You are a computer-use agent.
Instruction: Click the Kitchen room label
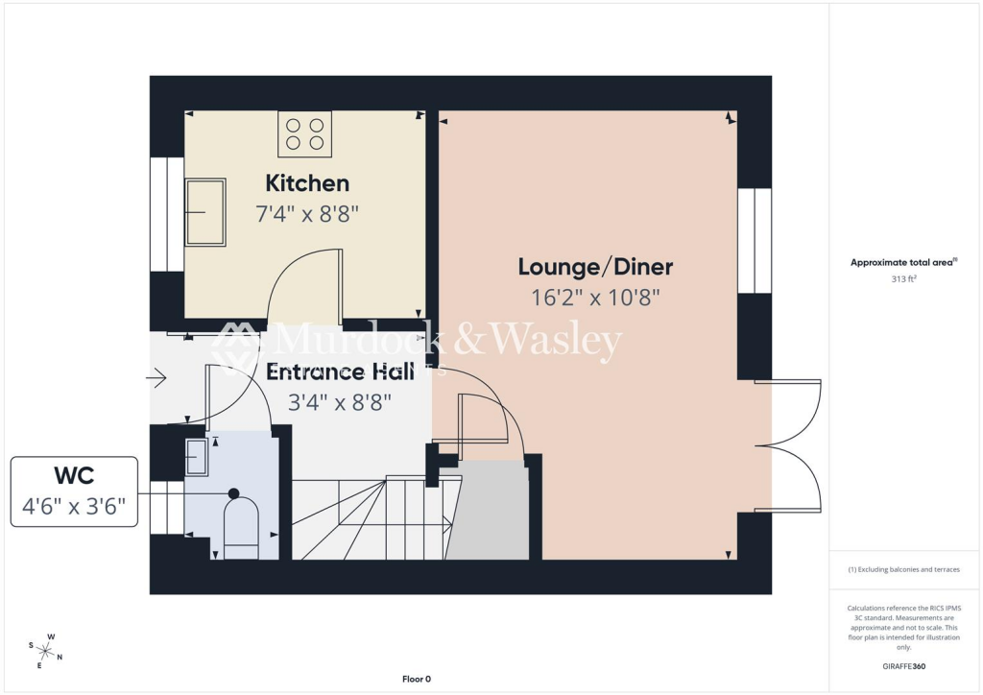(307, 182)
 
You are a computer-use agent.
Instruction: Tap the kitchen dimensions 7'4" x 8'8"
(307, 213)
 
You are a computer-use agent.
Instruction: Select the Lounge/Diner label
(595, 266)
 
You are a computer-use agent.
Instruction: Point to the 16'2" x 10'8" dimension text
(595, 297)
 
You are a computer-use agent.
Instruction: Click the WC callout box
(75, 491)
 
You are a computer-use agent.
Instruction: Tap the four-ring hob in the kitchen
(305, 134)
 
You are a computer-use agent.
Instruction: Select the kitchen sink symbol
(204, 212)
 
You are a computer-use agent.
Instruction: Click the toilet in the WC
(240, 525)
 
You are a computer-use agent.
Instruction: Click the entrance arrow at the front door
(156, 378)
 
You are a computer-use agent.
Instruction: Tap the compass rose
(46, 650)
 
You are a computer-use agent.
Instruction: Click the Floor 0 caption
(416, 680)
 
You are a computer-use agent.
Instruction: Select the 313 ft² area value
(903, 279)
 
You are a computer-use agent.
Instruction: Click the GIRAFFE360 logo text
(903, 666)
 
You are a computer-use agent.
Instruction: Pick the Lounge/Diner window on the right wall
(755, 240)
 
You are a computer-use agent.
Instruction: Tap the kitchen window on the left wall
(167, 213)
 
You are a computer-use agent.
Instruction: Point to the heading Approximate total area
(903, 262)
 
